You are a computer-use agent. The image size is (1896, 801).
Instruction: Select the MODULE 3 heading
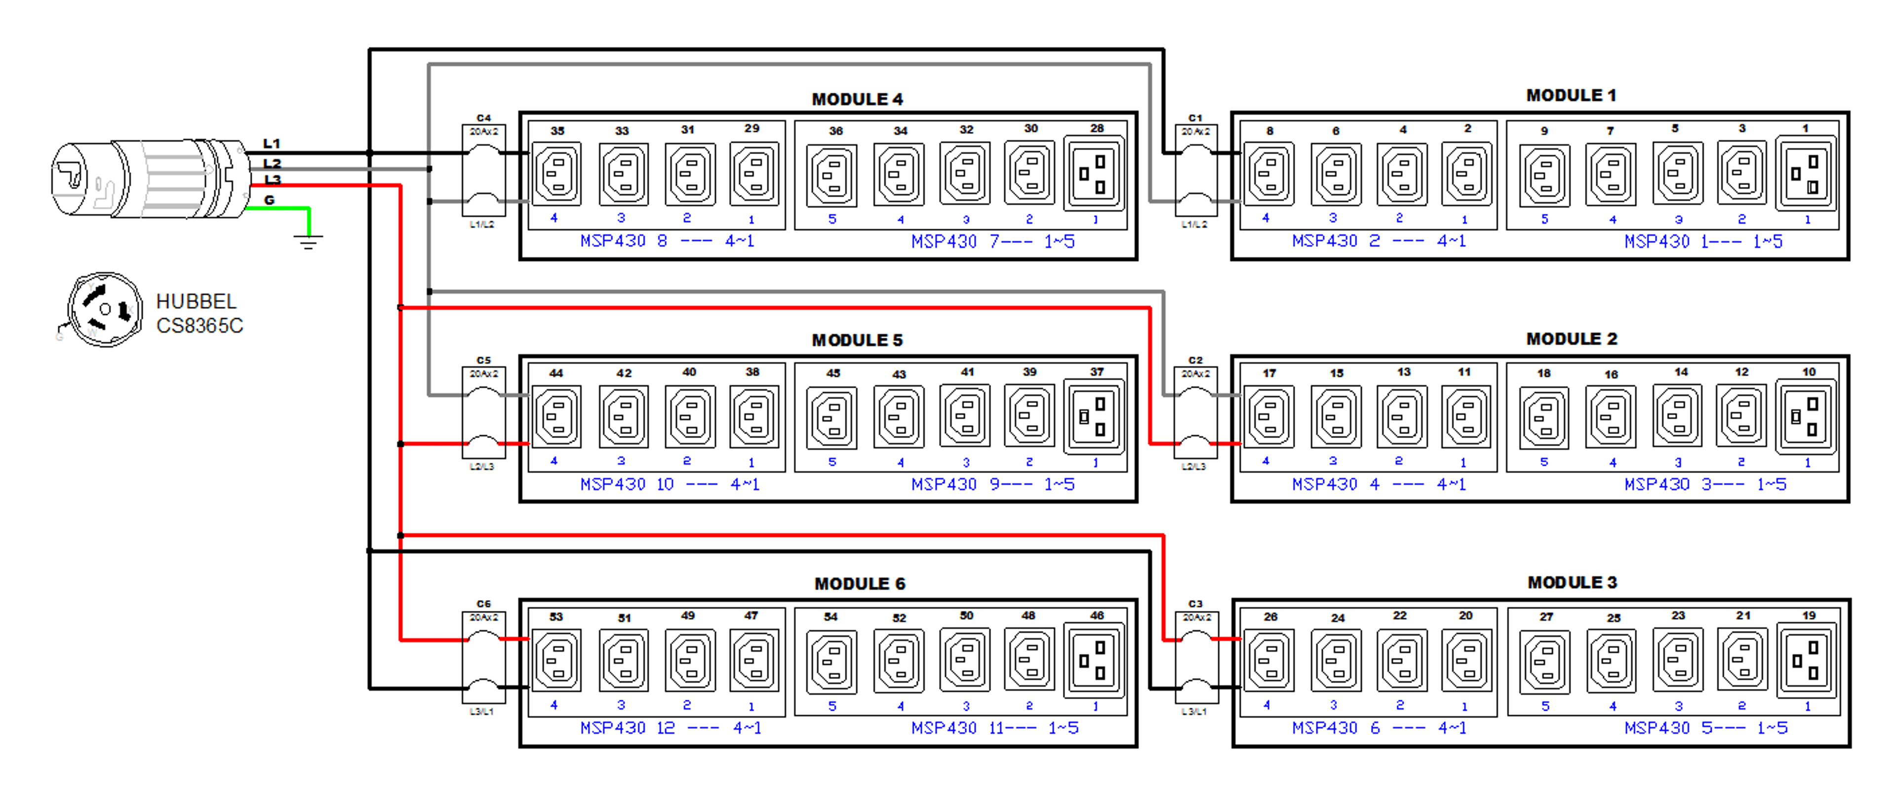[1572, 582]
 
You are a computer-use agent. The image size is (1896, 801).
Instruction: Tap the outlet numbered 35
[557, 174]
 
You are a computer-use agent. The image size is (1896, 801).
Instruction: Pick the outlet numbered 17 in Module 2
[1269, 417]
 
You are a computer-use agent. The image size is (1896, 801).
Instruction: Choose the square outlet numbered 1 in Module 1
[1806, 174]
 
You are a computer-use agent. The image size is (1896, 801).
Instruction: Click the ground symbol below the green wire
[309, 240]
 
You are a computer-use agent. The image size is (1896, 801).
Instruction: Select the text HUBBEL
[196, 302]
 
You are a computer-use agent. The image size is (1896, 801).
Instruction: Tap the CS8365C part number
[199, 326]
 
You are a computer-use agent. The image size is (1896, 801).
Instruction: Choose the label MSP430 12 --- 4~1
[671, 728]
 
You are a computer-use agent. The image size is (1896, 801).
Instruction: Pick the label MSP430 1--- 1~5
[1703, 241]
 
